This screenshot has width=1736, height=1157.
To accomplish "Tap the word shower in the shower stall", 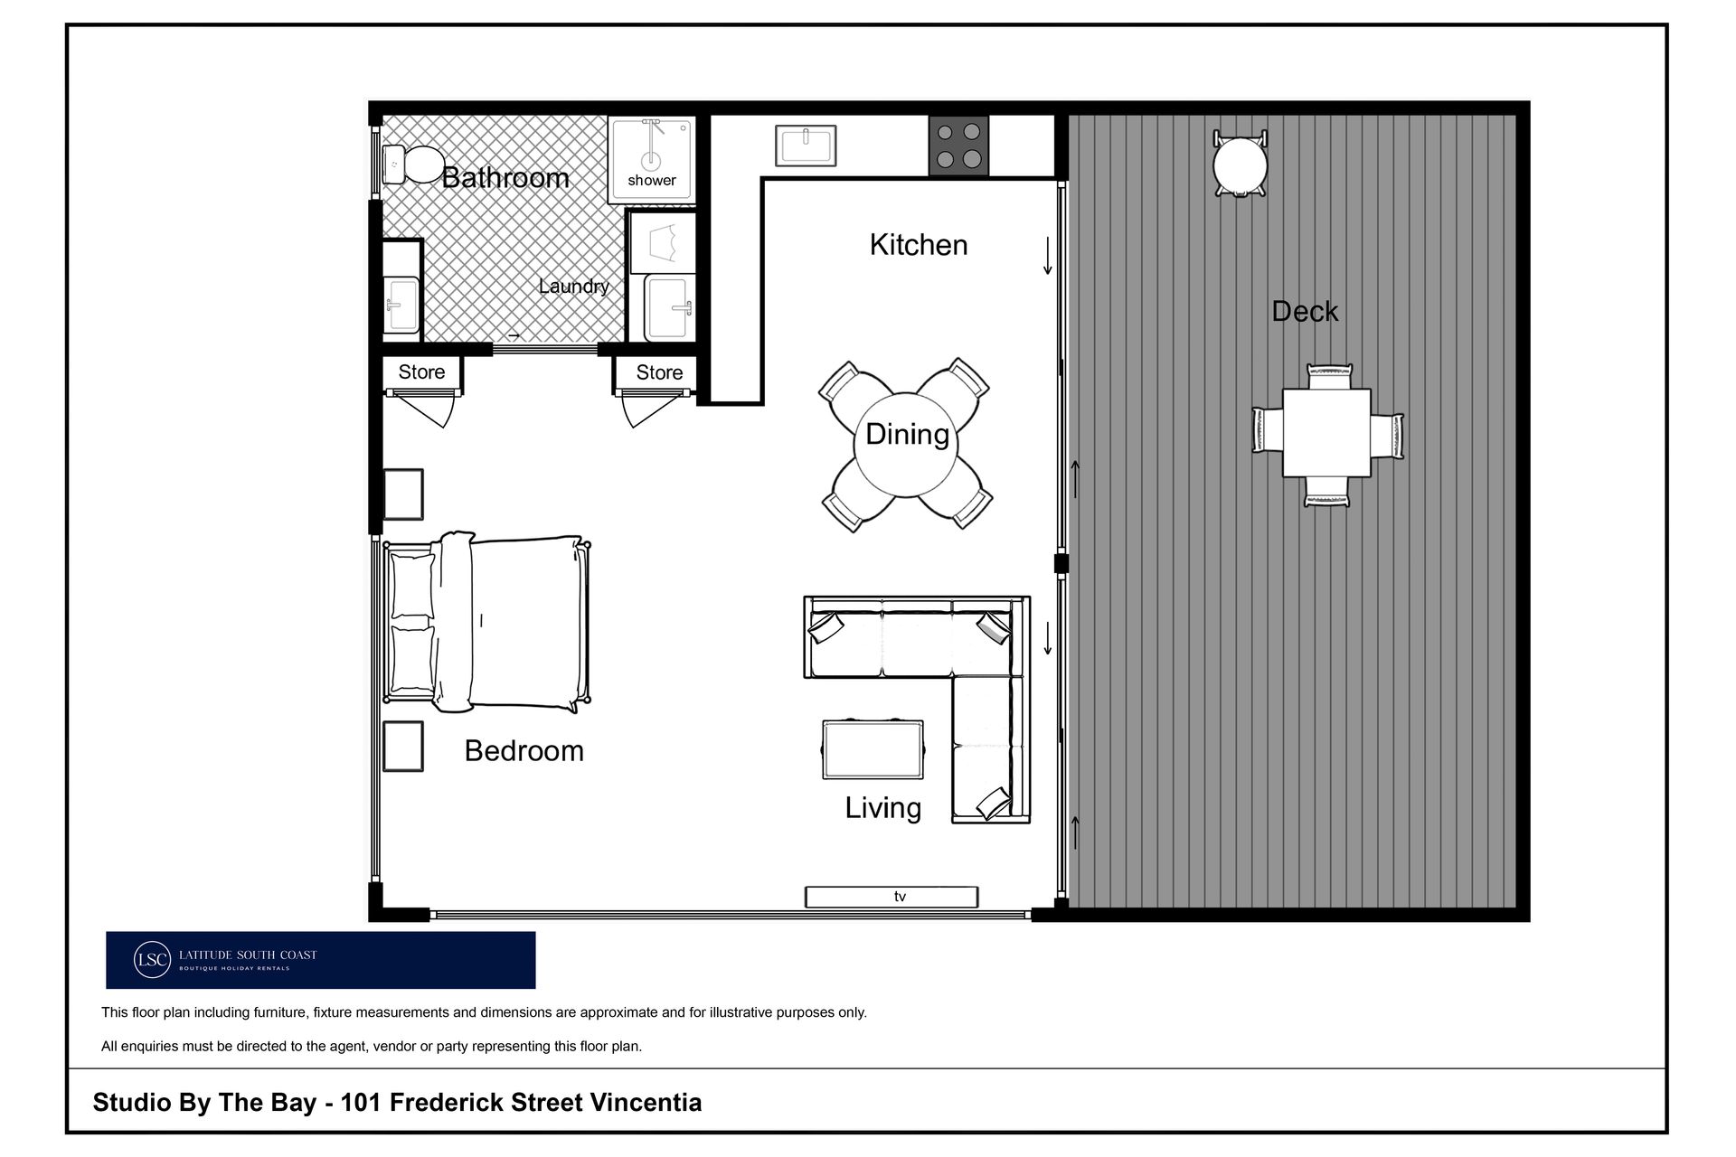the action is tap(652, 180).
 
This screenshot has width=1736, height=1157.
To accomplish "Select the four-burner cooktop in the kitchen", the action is tap(958, 146).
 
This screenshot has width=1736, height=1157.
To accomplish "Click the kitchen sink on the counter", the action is tap(805, 146).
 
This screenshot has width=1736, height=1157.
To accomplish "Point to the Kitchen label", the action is tap(919, 245).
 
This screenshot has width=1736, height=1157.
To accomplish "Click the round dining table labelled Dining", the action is tap(905, 444).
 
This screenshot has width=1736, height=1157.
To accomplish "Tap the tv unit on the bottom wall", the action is tap(892, 897).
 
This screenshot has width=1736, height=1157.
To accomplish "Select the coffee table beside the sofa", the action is tap(873, 749).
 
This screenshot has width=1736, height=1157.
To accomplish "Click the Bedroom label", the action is tap(524, 751).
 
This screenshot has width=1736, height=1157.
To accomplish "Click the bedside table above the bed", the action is tap(403, 494).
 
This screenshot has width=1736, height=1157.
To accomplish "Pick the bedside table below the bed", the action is tap(403, 746).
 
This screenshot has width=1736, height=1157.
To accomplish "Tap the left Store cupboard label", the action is tap(421, 372).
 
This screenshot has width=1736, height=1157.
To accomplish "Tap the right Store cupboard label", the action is tap(659, 372).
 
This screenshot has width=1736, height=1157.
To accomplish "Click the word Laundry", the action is tap(573, 287).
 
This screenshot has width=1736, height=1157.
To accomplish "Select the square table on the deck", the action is tap(1326, 433).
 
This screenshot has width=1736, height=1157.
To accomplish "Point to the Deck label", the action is tap(1305, 312).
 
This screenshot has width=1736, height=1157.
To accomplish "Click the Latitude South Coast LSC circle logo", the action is tap(152, 960).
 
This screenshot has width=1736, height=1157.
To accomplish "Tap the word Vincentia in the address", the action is tap(646, 1103).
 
